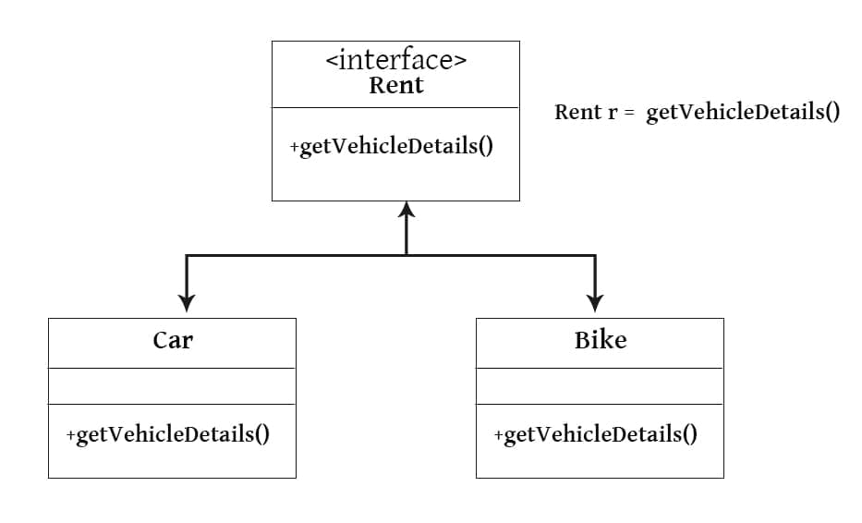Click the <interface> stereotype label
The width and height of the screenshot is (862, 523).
click(395, 61)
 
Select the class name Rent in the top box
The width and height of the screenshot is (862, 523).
click(395, 86)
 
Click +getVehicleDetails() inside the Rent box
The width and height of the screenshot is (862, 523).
click(391, 147)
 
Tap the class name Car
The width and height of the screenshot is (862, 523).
click(173, 340)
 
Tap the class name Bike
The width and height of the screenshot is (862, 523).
click(600, 340)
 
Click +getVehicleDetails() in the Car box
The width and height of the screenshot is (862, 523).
click(168, 434)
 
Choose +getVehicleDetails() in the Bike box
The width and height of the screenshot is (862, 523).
click(596, 434)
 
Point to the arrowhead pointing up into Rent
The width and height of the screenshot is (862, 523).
click(407, 210)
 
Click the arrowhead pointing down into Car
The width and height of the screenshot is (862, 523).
click(187, 303)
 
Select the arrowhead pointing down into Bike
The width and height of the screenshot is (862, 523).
click(595, 303)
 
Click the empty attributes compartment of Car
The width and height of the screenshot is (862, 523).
click(172, 385)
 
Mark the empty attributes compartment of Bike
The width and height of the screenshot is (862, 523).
click(600, 385)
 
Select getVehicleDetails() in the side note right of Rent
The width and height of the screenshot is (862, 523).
click(742, 113)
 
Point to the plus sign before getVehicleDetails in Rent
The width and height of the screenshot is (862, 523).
click(295, 148)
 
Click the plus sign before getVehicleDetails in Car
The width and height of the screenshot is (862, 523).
click(71, 435)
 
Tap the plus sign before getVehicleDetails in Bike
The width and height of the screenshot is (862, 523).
click(499, 435)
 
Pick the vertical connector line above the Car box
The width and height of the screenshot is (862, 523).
click(187, 275)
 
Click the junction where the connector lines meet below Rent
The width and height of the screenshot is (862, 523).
click(407, 255)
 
